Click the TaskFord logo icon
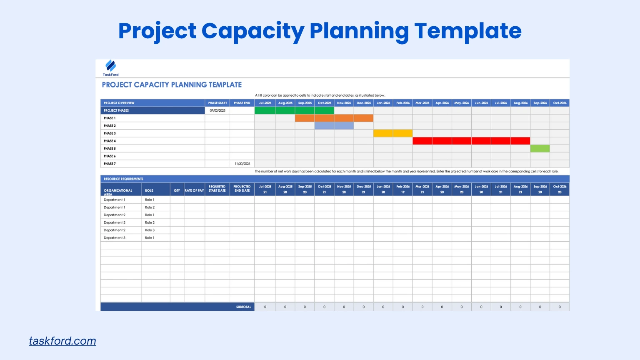110,66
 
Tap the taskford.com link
62,341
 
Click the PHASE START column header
217,103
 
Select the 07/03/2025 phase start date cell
217,110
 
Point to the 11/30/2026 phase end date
242,164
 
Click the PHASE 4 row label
110,141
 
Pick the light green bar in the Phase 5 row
540,148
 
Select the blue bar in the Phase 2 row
334,126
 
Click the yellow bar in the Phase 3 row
393,133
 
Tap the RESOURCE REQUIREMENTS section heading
123,179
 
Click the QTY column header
177,190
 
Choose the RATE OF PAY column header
194,190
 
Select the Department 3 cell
115,238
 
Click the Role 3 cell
150,230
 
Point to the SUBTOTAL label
243,307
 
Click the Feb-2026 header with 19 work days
403,189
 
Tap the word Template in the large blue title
467,31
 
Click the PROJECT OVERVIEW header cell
119,103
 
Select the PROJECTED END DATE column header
242,189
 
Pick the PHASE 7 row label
110,164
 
